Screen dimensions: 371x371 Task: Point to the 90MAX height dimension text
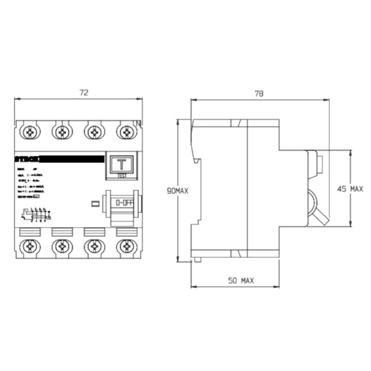pyautogui.click(x=177, y=192)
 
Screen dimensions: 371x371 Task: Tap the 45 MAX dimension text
pyautogui.click(x=350, y=188)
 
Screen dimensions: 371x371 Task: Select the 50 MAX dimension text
pyautogui.click(x=240, y=280)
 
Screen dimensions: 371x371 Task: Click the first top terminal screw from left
pyautogui.click(x=29, y=132)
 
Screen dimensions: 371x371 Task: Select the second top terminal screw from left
pyautogui.click(x=61, y=132)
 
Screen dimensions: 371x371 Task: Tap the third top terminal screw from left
pyautogui.click(x=94, y=132)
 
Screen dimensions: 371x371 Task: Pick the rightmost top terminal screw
pyautogui.click(x=126, y=132)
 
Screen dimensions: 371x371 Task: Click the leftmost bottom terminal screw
pyautogui.click(x=29, y=247)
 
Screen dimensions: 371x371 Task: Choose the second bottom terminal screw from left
pyautogui.click(x=61, y=247)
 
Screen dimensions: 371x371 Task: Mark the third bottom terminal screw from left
pyautogui.click(x=94, y=247)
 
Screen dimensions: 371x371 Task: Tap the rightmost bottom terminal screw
pyautogui.click(x=126, y=247)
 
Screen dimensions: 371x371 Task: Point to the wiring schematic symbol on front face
pyautogui.click(x=35, y=215)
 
